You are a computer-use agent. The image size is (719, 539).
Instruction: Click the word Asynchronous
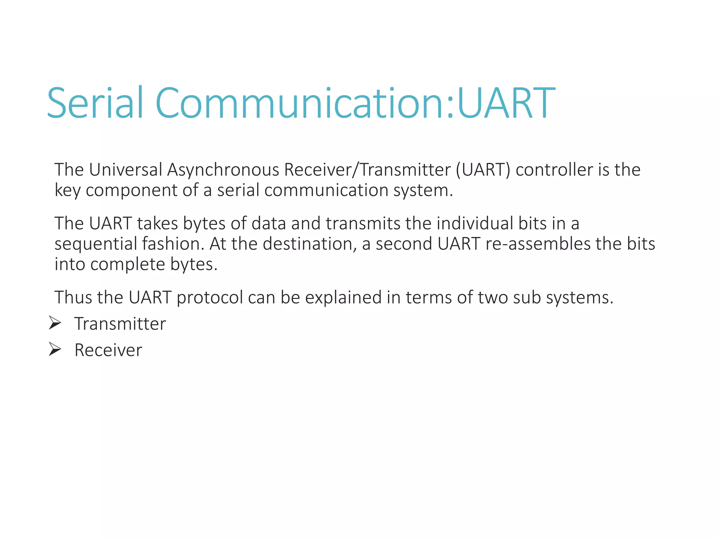tap(223, 170)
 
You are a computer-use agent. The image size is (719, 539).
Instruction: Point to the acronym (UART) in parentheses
tap(483, 170)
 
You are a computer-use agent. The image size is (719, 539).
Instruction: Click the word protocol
tap(210, 298)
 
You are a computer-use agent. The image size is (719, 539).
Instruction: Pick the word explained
tap(343, 298)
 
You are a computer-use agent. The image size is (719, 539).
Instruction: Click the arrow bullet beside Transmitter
tap(55, 323)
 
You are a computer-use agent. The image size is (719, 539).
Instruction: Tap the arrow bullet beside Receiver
tap(55, 350)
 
